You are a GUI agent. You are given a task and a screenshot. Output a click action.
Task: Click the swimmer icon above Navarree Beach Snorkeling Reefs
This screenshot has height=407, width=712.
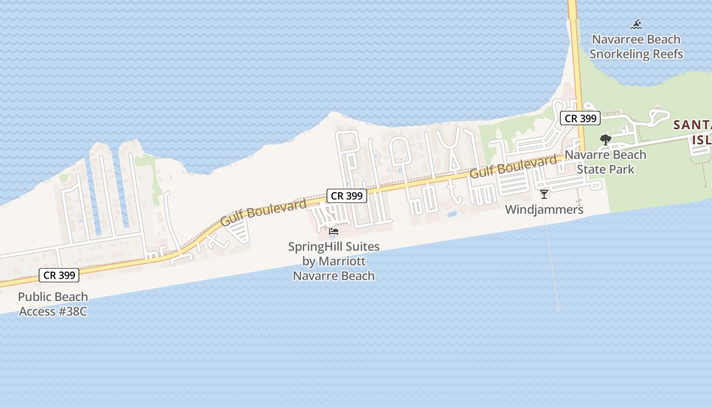[636, 24]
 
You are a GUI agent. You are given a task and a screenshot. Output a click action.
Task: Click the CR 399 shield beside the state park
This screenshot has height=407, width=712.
[580, 119]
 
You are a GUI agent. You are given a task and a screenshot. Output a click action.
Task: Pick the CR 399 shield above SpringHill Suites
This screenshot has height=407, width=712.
[346, 196]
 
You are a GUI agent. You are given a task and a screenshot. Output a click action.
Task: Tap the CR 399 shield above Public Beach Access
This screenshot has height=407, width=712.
[60, 275]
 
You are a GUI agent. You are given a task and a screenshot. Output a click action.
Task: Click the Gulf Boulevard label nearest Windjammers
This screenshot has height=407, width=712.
[513, 166]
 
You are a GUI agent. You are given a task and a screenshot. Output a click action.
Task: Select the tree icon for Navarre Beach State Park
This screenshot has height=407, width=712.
[605, 139]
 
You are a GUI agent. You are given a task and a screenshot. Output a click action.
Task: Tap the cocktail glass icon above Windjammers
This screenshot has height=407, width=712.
[544, 194]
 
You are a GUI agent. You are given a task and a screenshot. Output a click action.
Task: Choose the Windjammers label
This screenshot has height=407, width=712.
[544, 209]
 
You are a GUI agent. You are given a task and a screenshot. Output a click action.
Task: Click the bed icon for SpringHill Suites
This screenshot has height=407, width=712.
[334, 231]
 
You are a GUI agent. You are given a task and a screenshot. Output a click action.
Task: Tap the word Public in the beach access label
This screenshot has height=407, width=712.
[36, 297]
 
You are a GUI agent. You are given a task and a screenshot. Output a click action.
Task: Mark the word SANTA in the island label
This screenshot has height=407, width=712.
[693, 125]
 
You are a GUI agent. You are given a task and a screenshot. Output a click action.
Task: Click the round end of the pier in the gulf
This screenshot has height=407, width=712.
[558, 309]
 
